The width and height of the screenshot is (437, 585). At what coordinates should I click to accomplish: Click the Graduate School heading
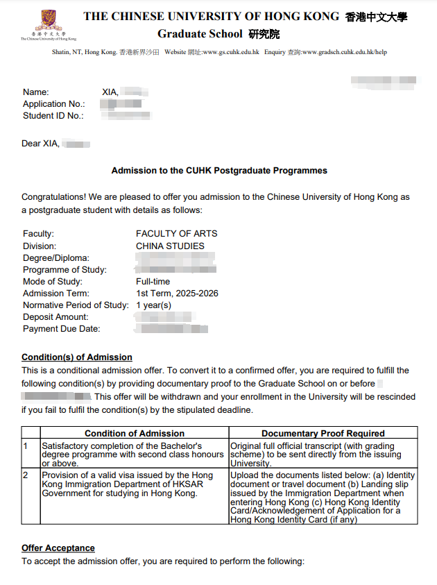click(200, 34)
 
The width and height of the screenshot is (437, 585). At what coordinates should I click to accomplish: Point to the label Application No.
click(53, 104)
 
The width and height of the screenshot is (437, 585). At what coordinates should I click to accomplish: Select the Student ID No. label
click(53, 116)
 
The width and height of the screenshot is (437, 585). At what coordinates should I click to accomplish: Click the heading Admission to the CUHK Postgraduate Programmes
click(219, 170)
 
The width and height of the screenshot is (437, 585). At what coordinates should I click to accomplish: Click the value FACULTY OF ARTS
click(176, 234)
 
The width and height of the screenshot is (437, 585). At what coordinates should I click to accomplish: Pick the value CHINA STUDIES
click(170, 246)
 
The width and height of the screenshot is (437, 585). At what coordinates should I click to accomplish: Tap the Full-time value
click(153, 282)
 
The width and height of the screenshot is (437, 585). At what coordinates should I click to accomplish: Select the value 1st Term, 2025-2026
click(177, 294)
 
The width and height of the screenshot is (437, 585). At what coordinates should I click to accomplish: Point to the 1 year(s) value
click(153, 305)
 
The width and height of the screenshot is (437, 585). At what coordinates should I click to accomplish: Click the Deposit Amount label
click(56, 317)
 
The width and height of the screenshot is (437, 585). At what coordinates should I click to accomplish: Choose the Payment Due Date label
click(61, 329)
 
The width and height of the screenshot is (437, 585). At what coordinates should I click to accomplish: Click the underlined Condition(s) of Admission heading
click(76, 357)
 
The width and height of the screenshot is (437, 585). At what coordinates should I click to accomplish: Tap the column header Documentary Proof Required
click(323, 433)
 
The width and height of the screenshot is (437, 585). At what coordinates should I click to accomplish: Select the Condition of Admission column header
click(135, 433)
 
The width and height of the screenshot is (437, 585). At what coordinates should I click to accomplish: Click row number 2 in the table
click(26, 475)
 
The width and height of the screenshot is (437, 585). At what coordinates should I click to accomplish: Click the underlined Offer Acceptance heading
click(58, 548)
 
